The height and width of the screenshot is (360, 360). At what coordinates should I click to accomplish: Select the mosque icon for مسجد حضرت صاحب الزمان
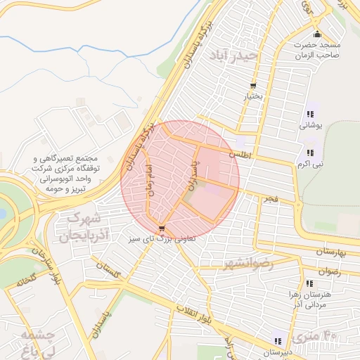(317, 34)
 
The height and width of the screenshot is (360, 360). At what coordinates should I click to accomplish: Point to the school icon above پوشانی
(310, 114)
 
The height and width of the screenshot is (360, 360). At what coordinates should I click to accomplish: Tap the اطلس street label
(240, 152)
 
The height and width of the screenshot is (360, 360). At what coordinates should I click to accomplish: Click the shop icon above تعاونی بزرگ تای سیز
(162, 228)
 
